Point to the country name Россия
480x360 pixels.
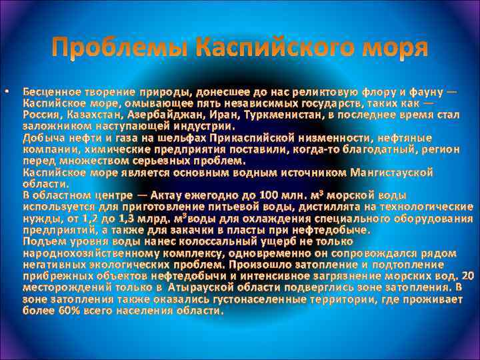(x=41, y=115)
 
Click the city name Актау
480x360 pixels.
(x=170, y=196)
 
